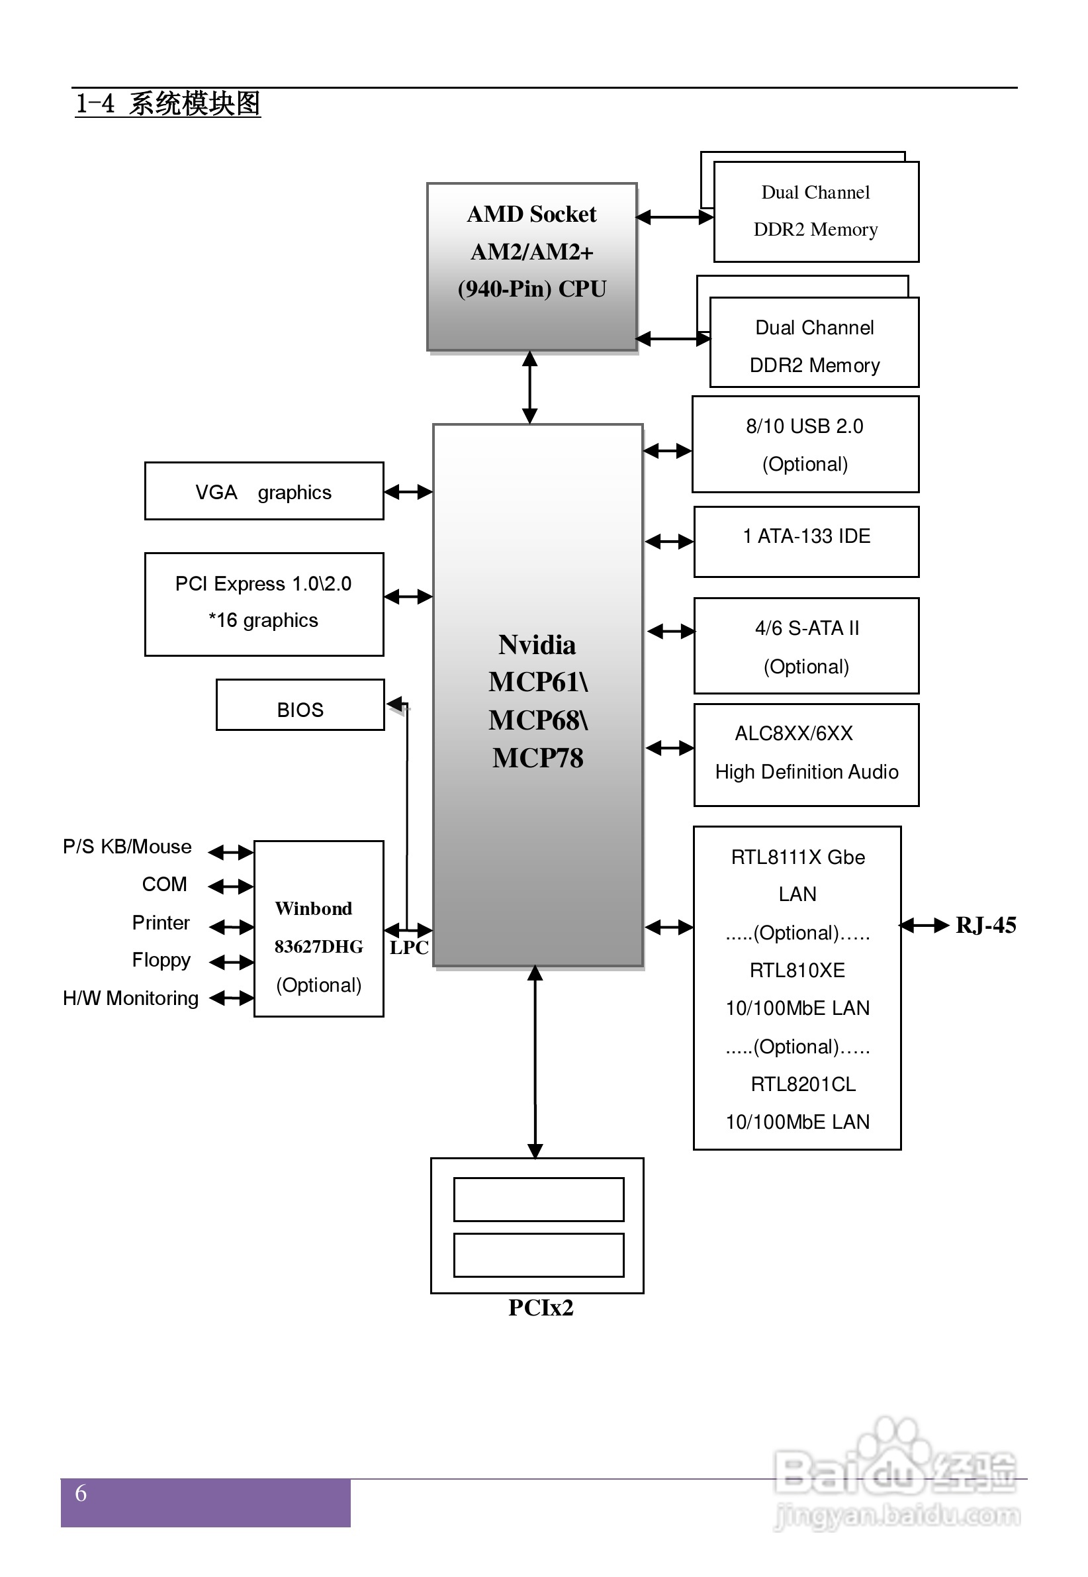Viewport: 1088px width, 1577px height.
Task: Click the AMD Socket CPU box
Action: coord(531,267)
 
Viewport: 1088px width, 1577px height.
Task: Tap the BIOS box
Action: coord(300,706)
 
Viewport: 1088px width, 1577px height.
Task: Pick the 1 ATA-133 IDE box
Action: coord(806,542)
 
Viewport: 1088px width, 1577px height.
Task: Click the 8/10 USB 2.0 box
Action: coord(805,444)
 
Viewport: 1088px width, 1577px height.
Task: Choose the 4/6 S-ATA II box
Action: coord(806,646)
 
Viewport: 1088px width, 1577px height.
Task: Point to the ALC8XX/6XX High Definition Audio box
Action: coord(806,755)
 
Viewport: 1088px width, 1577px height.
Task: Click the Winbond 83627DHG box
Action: coord(318,929)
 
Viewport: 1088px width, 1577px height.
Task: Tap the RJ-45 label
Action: coord(985,925)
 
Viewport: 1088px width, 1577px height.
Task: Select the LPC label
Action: coord(409,947)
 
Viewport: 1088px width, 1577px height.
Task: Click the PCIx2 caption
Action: coord(541,1308)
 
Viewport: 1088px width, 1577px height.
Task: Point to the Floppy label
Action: coord(161,960)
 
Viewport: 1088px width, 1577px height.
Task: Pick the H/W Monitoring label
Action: coord(130,998)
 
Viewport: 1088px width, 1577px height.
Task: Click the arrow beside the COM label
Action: coord(230,886)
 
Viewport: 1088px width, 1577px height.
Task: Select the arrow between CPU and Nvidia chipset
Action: coord(529,387)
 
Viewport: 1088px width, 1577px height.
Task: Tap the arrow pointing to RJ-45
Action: coord(925,925)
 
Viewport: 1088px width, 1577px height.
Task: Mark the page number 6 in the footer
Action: coord(81,1493)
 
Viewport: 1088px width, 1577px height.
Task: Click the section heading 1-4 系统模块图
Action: coord(167,104)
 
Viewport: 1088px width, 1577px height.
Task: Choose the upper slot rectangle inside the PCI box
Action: coord(539,1199)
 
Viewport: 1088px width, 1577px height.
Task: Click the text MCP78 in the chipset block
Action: coord(538,758)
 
